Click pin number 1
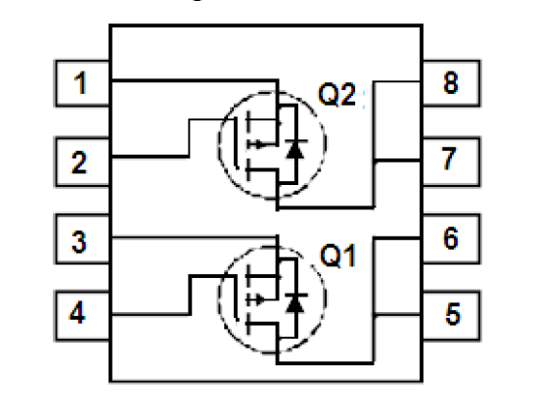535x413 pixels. coord(80,83)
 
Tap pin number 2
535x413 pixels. coord(79,162)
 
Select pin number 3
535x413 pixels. coord(79,242)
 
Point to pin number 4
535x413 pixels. coord(77,312)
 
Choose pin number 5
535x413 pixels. coord(453,314)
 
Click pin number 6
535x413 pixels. coord(450,238)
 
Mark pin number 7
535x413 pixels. coord(449,158)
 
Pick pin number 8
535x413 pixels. coord(450,82)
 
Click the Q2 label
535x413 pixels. coord(337,95)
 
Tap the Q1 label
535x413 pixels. coord(337,255)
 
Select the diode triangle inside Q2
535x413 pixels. coord(295,149)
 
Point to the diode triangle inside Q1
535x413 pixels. coord(295,303)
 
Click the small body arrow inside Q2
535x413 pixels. coord(258,145)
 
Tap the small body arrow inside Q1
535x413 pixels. coord(258,300)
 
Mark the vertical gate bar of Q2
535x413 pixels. coord(236,143)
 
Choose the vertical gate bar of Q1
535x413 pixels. coord(236,298)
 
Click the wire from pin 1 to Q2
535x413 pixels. coord(195,81)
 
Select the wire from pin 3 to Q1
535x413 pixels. coord(194,237)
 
